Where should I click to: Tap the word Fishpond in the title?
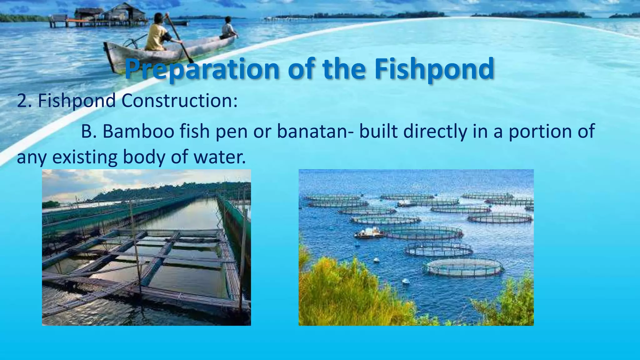coord(434,69)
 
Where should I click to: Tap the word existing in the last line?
coord(85,157)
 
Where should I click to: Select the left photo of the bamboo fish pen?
coord(146,247)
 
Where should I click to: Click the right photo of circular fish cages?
coord(416,247)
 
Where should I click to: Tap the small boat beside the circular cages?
coord(369,233)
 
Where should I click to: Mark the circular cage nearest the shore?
coord(464,267)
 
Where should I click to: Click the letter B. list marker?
coord(89,131)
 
